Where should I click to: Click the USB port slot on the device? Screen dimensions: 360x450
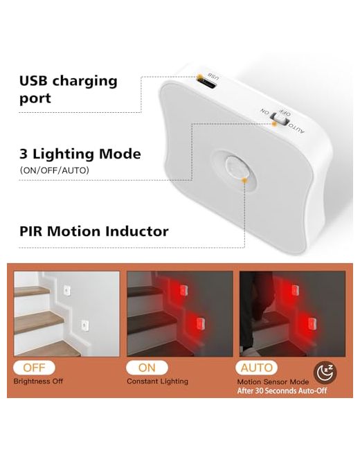coord(207,84)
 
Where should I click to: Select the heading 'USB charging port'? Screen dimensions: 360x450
coord(69,89)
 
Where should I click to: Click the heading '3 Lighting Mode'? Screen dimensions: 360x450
coord(80,154)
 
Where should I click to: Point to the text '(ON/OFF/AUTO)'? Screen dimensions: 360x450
coord(54,170)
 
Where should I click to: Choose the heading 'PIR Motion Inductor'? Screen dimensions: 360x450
coord(94,231)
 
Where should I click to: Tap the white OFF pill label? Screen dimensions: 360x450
coord(34,368)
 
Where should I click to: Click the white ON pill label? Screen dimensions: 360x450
coord(147,368)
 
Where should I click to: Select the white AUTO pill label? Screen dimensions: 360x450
coord(256,368)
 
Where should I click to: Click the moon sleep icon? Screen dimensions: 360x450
coord(325,372)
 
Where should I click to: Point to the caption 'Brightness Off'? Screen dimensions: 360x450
coord(38,381)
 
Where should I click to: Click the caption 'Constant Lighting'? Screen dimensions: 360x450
coord(157,381)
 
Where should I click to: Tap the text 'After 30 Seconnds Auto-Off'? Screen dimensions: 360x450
coord(282,391)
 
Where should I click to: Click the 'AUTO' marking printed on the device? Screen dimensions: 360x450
coord(296,128)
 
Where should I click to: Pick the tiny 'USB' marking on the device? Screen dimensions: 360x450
coord(214,77)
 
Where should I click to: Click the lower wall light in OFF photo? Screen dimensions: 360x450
coord(85,325)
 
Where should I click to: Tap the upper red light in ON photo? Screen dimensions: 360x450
coord(183,290)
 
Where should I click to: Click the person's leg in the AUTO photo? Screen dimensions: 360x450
coord(249,313)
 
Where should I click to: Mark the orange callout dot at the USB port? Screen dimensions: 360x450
coord(199,77)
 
